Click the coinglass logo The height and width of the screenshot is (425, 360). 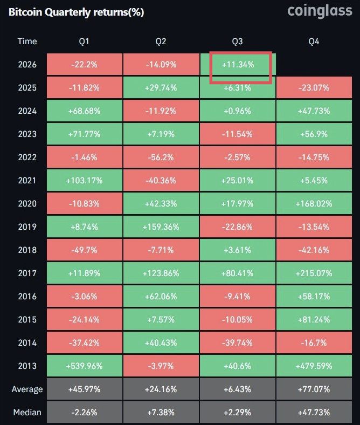point(320,11)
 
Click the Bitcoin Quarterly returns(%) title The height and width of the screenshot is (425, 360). point(76,12)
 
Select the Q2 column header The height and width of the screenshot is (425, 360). point(161,42)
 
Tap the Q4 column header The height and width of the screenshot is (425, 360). point(314,42)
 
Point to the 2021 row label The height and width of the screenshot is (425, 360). point(27,181)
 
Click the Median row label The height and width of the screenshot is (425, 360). point(27,412)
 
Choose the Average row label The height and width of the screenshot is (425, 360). point(27,389)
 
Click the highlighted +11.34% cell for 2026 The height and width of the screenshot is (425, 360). point(238,65)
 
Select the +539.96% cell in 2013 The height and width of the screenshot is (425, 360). point(84,366)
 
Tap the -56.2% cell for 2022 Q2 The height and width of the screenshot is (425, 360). point(161,157)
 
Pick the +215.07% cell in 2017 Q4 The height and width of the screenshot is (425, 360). point(314,273)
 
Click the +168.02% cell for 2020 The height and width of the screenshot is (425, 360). point(314,203)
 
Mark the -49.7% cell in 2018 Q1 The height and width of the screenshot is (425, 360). point(84,250)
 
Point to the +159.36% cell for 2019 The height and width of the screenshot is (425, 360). point(161,227)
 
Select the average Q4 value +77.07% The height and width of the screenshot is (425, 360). point(314,389)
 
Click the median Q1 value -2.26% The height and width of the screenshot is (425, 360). point(84,412)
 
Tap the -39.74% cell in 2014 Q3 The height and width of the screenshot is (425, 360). point(238,343)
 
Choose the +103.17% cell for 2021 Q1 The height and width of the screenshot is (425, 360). point(84,181)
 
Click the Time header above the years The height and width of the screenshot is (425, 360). point(27,41)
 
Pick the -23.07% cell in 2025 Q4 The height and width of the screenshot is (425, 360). point(314,87)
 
